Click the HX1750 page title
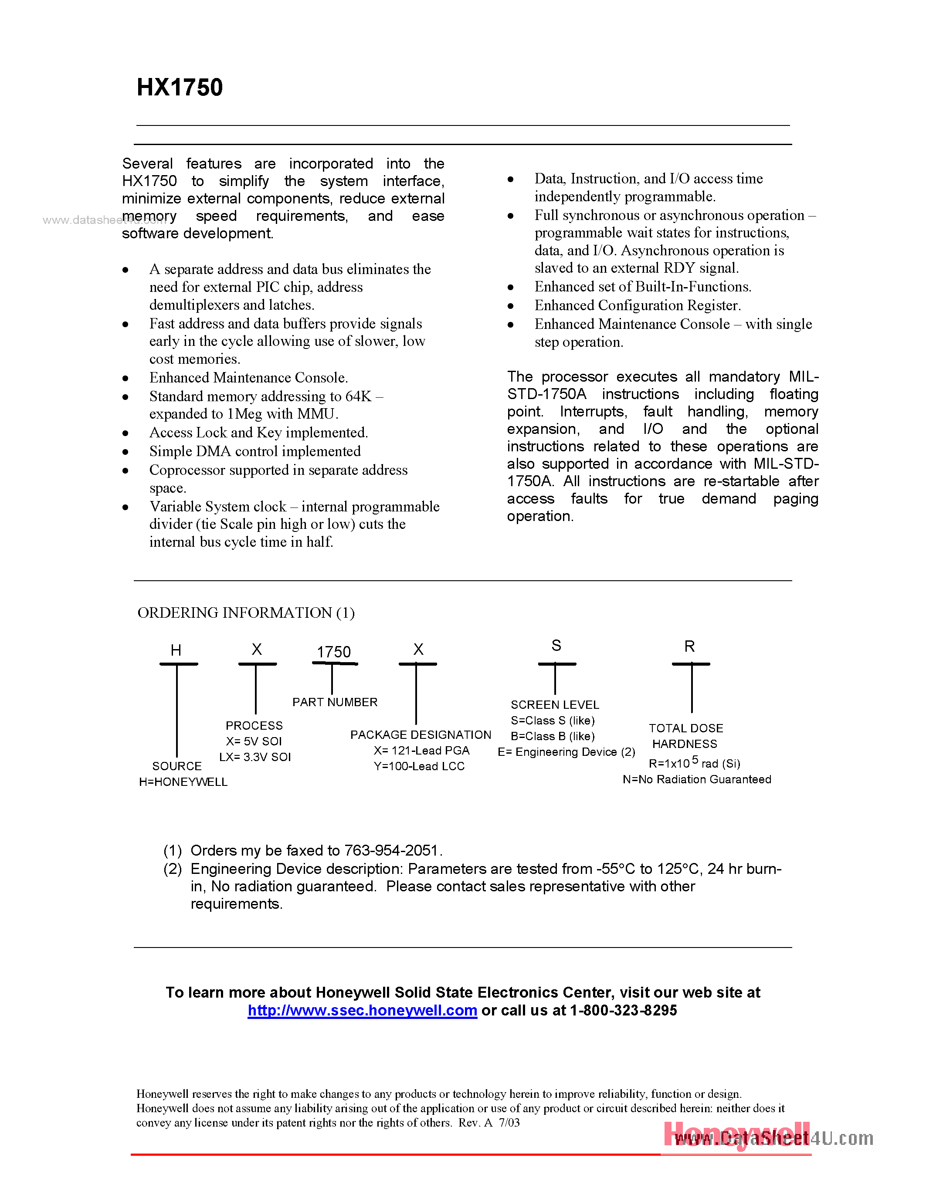[x=180, y=88]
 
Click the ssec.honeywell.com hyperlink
[x=362, y=1010]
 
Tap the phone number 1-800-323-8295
[x=624, y=1010]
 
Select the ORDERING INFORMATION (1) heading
[x=246, y=613]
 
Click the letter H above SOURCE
[x=176, y=650]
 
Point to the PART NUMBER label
[x=335, y=702]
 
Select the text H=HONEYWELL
[x=183, y=782]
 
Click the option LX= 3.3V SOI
[x=255, y=757]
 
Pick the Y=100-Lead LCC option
[x=419, y=766]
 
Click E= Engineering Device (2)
[x=566, y=752]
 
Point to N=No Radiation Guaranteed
[x=697, y=779]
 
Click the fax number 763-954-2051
[x=390, y=850]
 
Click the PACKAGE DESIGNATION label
[x=421, y=735]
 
